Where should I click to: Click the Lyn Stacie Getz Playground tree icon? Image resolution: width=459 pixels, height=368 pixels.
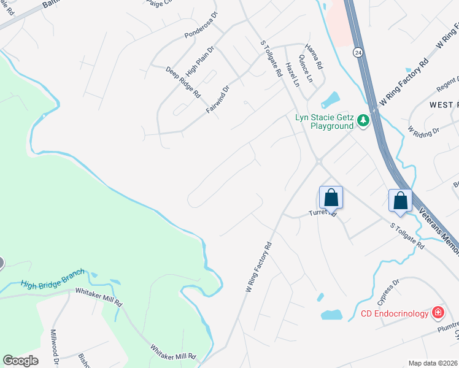363,121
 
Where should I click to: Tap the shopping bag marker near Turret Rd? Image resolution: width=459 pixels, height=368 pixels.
331,198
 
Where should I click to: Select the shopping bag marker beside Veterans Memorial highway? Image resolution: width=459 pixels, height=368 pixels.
400,201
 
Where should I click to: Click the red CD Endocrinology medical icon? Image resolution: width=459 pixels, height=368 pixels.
438,313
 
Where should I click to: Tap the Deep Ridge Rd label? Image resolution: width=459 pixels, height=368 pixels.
183,82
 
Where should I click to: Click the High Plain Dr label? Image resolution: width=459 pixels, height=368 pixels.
199,60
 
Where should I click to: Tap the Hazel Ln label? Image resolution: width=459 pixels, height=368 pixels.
292,73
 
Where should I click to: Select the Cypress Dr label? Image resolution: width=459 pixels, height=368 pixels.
388,292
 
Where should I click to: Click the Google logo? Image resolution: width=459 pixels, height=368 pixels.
20,361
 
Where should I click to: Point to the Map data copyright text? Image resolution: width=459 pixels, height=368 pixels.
433,362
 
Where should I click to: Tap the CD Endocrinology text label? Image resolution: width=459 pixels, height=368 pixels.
394,314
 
